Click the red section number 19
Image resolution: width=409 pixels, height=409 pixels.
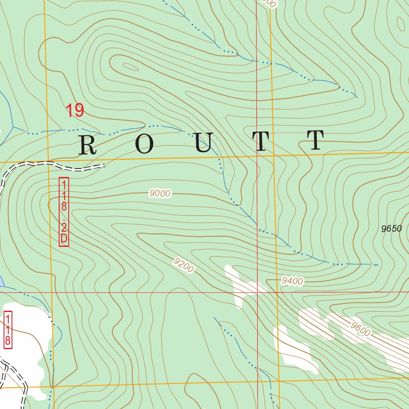(x=75, y=111)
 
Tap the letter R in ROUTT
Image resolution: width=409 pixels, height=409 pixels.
(x=88, y=145)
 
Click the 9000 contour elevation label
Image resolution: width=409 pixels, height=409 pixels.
(x=160, y=194)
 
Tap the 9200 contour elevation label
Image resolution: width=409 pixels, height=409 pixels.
(x=184, y=266)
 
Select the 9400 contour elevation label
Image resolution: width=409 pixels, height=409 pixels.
(x=292, y=281)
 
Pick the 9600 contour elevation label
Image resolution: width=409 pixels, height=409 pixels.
(x=361, y=329)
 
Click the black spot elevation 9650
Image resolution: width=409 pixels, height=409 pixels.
(x=391, y=229)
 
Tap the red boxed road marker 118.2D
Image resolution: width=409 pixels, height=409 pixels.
(x=64, y=212)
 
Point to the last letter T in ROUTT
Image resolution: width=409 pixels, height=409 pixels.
(x=316, y=141)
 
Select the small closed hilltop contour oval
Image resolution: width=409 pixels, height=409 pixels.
(x=131, y=67)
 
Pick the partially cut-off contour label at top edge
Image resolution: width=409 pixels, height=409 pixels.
(x=270, y=3)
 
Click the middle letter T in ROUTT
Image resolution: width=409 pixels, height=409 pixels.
(x=261, y=142)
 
